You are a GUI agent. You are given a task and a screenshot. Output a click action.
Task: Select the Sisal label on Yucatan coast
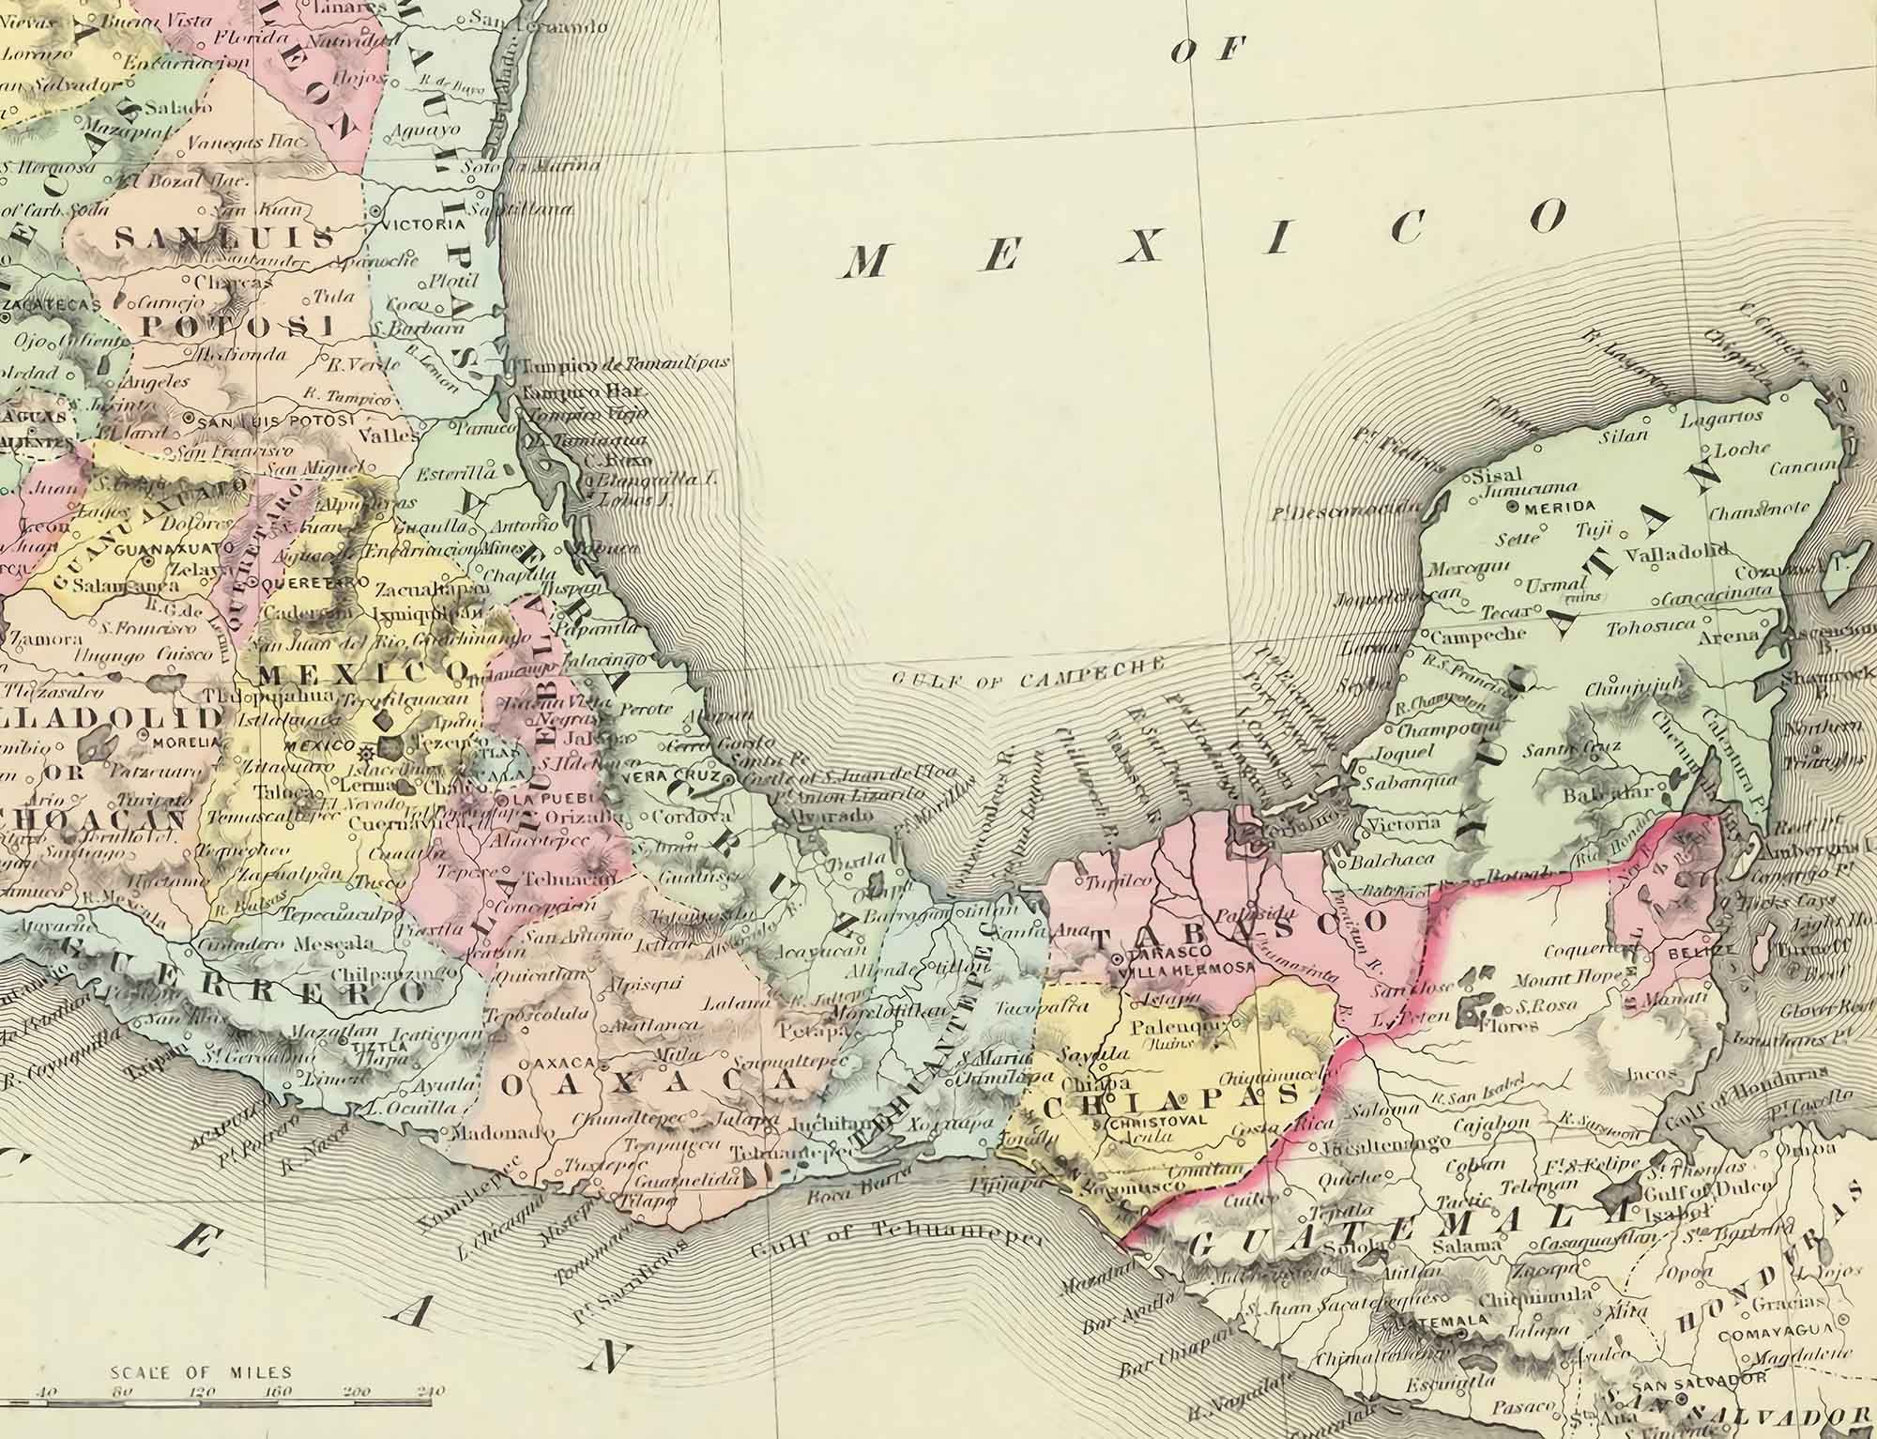(1499, 474)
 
